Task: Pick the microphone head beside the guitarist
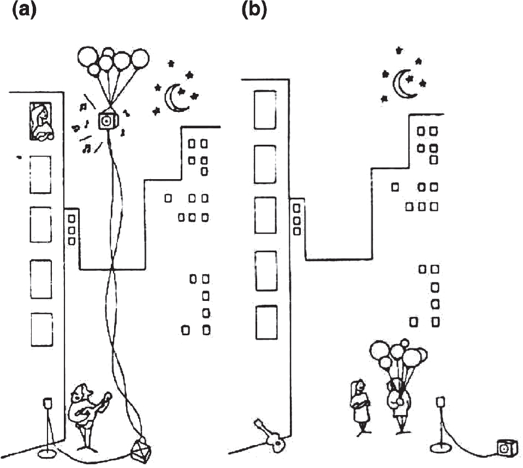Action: pos(47,403)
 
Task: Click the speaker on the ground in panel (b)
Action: pos(506,448)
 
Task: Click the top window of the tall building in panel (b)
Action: pos(265,109)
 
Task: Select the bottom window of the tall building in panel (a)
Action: pos(41,329)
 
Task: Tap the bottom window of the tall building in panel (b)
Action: pos(266,322)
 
